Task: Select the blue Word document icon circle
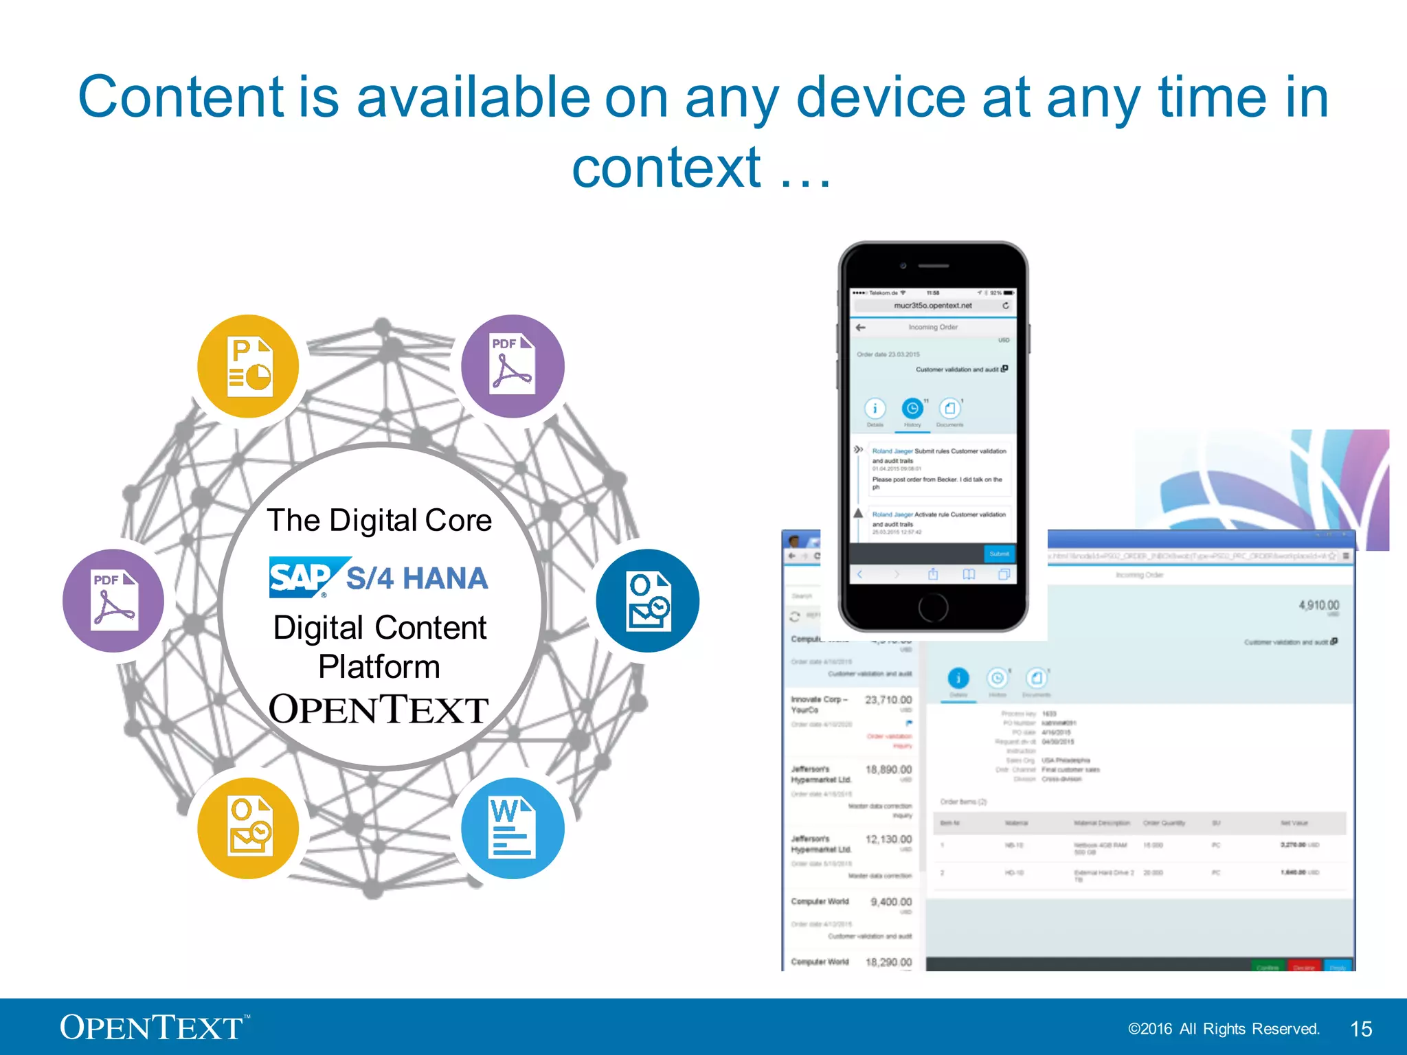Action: [x=513, y=828]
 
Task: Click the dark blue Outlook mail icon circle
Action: [x=647, y=600]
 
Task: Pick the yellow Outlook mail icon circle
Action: [x=249, y=828]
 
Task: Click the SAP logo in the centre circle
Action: [x=303, y=577]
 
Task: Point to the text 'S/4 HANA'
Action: [x=416, y=578]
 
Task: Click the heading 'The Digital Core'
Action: [x=379, y=520]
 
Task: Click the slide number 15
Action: [x=1360, y=1029]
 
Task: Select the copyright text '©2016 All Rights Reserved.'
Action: [x=1223, y=1029]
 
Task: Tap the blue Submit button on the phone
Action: [x=999, y=554]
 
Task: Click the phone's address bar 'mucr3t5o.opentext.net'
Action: [x=932, y=306]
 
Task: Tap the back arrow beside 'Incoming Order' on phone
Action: [x=860, y=328]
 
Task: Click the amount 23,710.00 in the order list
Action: [x=888, y=700]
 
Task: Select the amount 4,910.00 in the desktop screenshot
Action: [x=1318, y=605]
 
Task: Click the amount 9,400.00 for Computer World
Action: [x=891, y=902]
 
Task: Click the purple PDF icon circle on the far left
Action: [x=114, y=600]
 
